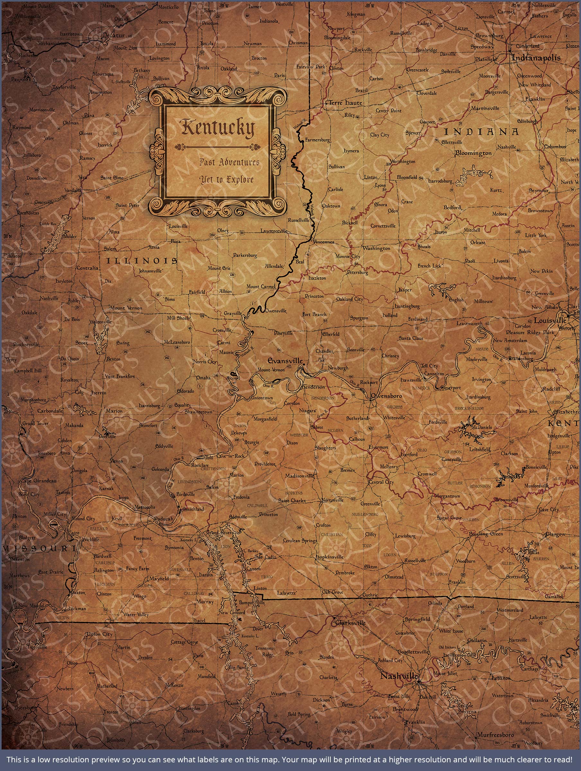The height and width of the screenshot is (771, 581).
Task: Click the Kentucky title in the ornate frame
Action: (x=217, y=128)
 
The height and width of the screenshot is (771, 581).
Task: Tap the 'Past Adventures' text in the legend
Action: (x=229, y=163)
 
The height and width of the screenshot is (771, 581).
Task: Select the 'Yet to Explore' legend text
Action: (x=226, y=180)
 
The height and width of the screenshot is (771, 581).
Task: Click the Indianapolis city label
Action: (x=536, y=58)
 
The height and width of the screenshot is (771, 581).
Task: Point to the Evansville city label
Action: (x=285, y=361)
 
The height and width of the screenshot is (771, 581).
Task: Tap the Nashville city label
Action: (x=398, y=676)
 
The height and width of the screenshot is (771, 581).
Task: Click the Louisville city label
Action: (x=550, y=320)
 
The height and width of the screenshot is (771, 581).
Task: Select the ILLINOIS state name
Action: (x=142, y=261)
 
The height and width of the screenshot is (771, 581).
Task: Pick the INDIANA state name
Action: (x=481, y=132)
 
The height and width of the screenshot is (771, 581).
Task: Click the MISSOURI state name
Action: (x=39, y=548)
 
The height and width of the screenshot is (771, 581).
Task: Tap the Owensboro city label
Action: (x=386, y=396)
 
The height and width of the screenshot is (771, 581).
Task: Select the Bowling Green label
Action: (x=486, y=534)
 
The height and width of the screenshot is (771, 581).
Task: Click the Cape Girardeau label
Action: (x=39, y=481)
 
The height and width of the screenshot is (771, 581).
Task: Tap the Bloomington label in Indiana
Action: (x=473, y=153)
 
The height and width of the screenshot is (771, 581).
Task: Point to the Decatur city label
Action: (x=114, y=35)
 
